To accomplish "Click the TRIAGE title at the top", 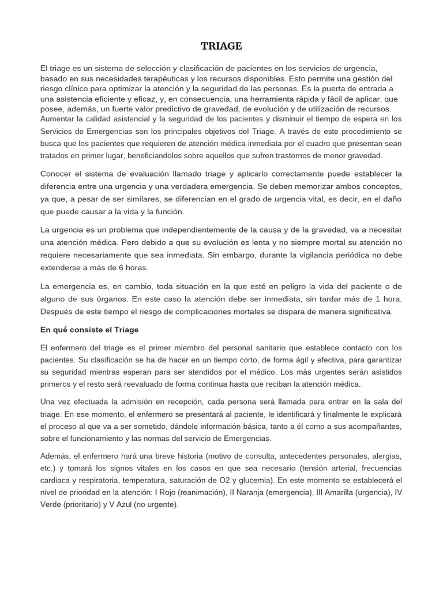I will click(221, 46).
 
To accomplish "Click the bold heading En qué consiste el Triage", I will click(90, 330).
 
